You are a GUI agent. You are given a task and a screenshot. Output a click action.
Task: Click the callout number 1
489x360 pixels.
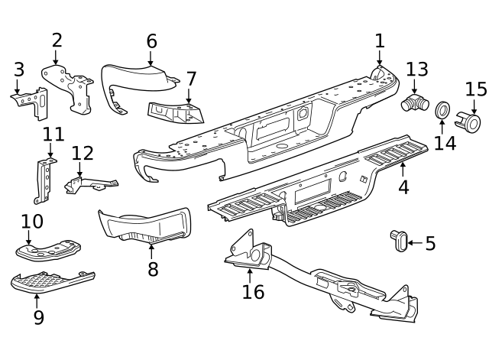[x=380, y=41]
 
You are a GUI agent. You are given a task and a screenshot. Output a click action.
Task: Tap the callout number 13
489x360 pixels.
[x=416, y=70]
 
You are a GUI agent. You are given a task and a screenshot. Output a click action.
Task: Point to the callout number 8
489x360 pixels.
[x=153, y=269]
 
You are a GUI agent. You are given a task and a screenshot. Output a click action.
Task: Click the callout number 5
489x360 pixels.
[x=430, y=244]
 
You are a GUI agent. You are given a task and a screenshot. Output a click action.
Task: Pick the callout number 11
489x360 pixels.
[x=53, y=135]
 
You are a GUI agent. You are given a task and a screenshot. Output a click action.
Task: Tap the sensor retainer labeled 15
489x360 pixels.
[x=468, y=121]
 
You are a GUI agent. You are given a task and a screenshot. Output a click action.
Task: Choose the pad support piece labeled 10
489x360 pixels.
[x=47, y=249]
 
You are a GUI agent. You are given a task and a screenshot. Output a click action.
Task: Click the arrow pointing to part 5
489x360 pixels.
[x=413, y=243]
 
